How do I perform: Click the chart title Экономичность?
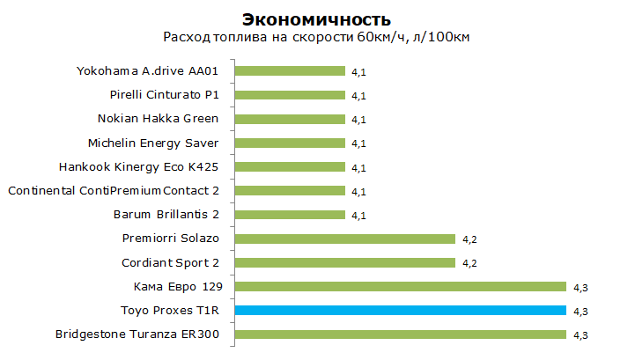316,20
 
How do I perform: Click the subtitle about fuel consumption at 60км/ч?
316,37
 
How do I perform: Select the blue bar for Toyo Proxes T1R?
401,310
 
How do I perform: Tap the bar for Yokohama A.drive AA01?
290,71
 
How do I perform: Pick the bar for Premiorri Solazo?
345,239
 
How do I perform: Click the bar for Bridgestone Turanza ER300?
401,334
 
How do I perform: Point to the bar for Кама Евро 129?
401,287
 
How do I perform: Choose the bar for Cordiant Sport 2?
345,263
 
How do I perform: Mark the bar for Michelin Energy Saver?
290,143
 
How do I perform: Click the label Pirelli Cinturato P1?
165,95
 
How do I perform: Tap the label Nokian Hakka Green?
158,119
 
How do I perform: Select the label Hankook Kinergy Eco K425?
138,167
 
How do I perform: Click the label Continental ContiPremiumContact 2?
114,191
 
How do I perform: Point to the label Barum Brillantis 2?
166,215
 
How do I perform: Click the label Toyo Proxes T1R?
170,311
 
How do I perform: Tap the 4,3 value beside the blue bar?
580,312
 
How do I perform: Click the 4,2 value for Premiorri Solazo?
469,239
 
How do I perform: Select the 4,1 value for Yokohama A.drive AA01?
358,72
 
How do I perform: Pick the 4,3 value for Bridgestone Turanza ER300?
580,335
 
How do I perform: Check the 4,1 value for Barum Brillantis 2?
358,216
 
